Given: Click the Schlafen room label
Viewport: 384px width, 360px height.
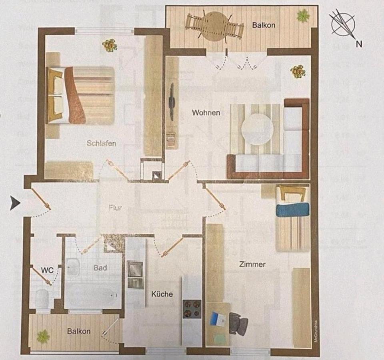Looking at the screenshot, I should tap(101, 143).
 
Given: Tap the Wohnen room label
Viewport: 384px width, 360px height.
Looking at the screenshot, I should tap(206, 113).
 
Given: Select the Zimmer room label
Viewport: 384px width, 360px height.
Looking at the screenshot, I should tap(252, 264).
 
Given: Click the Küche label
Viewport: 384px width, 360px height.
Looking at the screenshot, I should tap(162, 294).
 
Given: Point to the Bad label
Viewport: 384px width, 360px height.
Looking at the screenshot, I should tap(100, 268).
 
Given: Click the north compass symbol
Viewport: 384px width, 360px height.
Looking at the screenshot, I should tap(343, 24).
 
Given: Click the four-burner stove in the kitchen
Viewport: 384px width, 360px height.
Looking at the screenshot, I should tap(192, 308).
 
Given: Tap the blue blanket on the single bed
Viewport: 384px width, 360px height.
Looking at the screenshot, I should tap(292, 210).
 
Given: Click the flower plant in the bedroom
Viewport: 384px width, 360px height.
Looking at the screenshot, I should tap(109, 45).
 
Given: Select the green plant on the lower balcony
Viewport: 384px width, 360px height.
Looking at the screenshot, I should tap(43, 336).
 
